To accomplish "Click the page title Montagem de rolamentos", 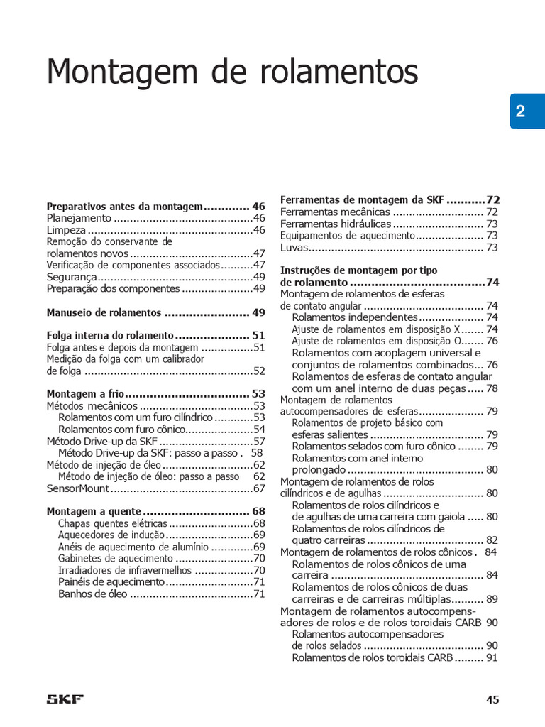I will (x=232, y=72).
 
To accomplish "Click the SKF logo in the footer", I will (x=65, y=699).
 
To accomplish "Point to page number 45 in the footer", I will (x=492, y=699).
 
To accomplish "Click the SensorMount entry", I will (x=78, y=488).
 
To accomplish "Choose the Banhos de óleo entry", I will (x=92, y=594).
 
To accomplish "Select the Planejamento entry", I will (x=79, y=218).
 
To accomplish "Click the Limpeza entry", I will (x=66, y=230).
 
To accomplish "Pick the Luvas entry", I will (x=294, y=247).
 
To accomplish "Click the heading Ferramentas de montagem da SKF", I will (x=362, y=199).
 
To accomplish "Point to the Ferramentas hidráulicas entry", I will (x=335, y=224).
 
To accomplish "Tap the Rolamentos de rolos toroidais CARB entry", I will (x=373, y=657).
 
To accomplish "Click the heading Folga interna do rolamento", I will (x=110, y=335).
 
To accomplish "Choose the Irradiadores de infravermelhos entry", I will (x=126, y=570).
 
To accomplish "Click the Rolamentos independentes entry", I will (x=354, y=317).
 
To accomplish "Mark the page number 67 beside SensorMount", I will (x=258, y=488).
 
